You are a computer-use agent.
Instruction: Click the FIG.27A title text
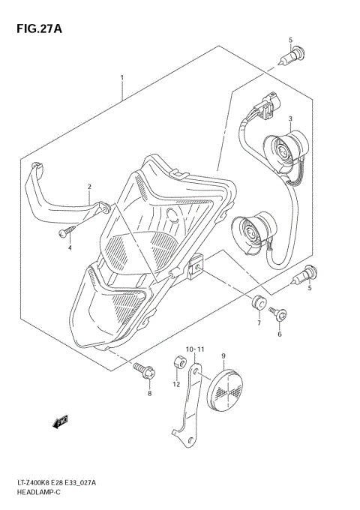[36, 28]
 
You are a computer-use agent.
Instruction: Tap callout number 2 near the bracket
[89, 187]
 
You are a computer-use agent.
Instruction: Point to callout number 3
[289, 118]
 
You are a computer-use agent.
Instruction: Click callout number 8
[148, 393]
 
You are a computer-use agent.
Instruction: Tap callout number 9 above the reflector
[223, 356]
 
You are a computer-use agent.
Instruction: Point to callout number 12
[177, 385]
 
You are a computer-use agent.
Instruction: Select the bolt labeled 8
[145, 369]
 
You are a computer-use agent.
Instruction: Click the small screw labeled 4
[64, 233]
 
